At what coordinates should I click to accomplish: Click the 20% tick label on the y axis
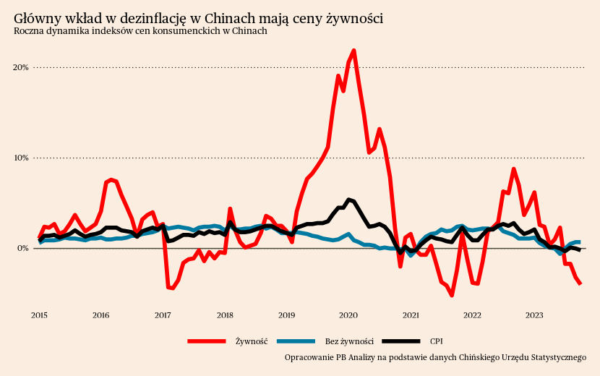(x=20, y=67)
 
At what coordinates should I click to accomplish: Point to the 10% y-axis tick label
(x=20, y=158)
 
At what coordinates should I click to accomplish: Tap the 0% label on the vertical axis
(x=22, y=248)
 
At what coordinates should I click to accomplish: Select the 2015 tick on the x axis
(x=39, y=315)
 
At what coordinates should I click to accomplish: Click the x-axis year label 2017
(x=163, y=315)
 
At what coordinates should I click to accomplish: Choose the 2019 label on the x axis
(x=286, y=315)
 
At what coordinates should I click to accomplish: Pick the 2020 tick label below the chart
(x=348, y=315)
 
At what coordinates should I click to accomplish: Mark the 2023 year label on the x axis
(x=534, y=315)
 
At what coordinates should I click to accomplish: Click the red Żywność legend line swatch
(x=207, y=341)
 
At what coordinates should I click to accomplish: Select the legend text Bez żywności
(x=349, y=341)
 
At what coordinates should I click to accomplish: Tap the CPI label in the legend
(x=437, y=341)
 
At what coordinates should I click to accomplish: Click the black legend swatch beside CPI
(x=400, y=341)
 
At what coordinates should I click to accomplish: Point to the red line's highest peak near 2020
(x=353, y=51)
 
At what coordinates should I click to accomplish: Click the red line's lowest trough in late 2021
(x=452, y=295)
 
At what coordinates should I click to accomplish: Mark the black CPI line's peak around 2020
(x=348, y=199)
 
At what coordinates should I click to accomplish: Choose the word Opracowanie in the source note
(x=309, y=357)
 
